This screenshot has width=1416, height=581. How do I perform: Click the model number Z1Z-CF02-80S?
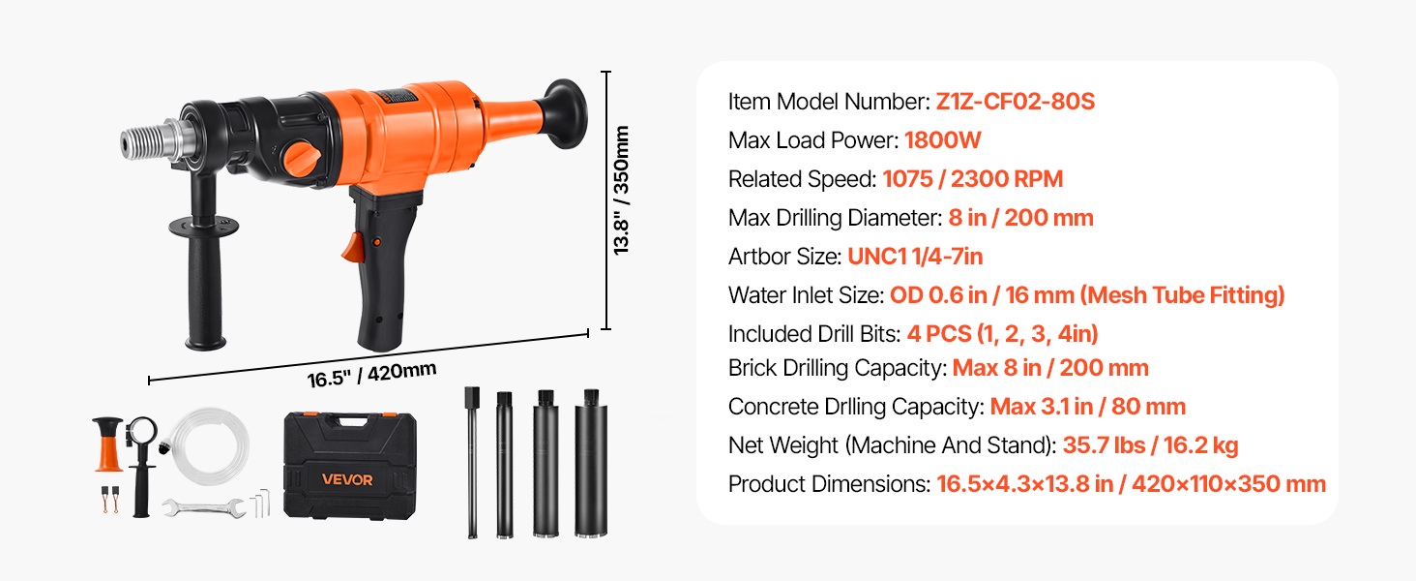pyautogui.click(x=1015, y=102)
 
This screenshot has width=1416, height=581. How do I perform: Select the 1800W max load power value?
pyautogui.click(x=942, y=140)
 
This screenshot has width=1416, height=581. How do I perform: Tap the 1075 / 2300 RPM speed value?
pyautogui.click(x=959, y=179)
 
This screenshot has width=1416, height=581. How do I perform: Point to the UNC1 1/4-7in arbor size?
pyautogui.click(x=915, y=257)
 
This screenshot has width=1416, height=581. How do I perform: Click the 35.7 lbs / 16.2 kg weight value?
pyautogui.click(x=1150, y=445)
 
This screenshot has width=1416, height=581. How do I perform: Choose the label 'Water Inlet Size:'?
pyautogui.click(x=806, y=295)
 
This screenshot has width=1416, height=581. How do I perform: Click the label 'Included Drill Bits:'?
pyautogui.click(x=814, y=334)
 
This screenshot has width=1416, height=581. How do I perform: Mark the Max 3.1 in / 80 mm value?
pyautogui.click(x=1087, y=407)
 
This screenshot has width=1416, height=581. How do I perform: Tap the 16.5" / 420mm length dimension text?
pyautogui.click(x=371, y=374)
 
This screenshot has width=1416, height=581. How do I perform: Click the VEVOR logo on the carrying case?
pyautogui.click(x=347, y=479)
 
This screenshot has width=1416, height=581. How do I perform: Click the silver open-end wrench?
pyautogui.click(x=202, y=505)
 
